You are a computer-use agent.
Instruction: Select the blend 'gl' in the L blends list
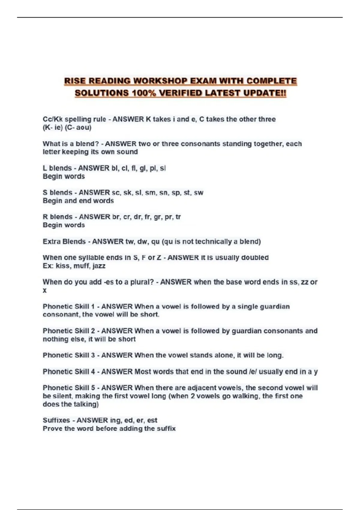click(x=143, y=168)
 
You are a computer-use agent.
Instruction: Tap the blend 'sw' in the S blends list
click(x=199, y=193)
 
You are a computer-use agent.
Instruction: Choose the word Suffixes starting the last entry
click(x=56, y=420)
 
